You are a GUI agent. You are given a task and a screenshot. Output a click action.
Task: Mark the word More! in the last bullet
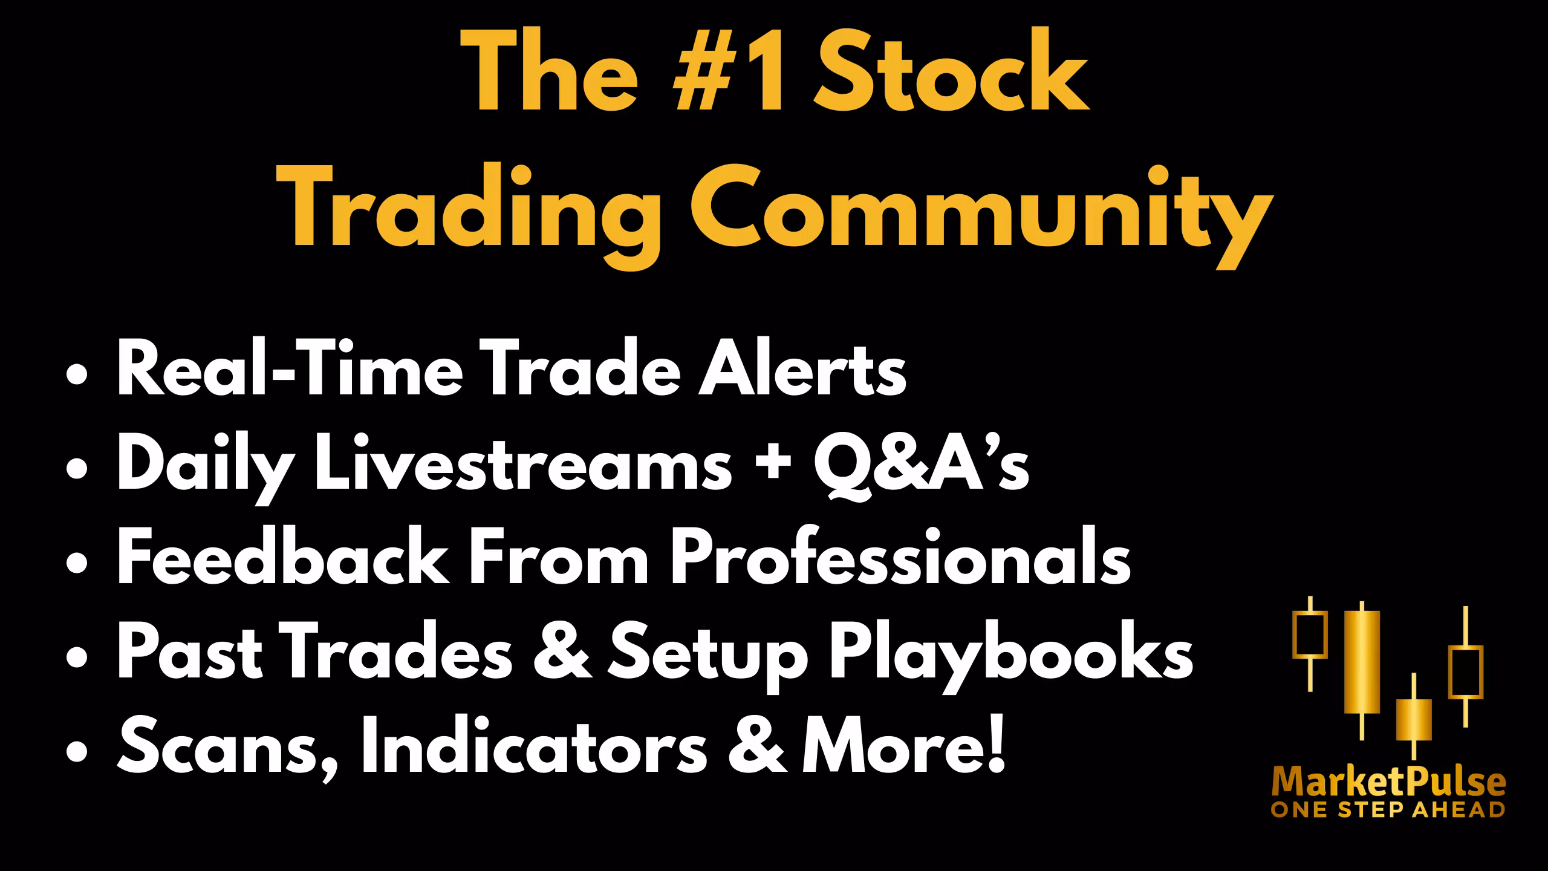click(x=903, y=748)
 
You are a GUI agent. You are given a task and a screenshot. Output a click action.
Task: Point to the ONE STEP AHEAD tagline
click(x=1388, y=810)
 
